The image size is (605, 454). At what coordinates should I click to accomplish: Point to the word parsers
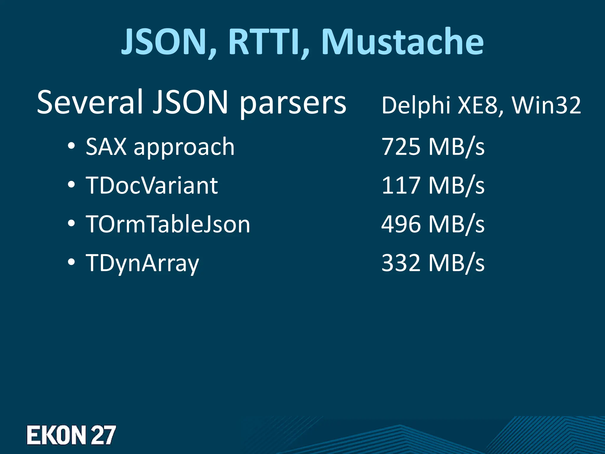[x=292, y=103]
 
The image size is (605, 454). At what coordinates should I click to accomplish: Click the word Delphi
[x=416, y=105]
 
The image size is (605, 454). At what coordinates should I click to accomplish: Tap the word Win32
[x=547, y=105]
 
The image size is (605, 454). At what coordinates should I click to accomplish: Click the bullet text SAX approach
[x=160, y=147]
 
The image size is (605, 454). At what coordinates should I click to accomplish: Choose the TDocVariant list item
[x=152, y=186]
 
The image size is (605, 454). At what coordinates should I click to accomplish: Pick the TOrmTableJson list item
[x=168, y=224]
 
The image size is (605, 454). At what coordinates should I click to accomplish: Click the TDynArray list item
[x=142, y=263]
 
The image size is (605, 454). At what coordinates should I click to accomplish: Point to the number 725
[x=401, y=147]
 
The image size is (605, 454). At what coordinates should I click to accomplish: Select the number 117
[x=401, y=185]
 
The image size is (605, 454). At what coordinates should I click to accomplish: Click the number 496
[x=401, y=224]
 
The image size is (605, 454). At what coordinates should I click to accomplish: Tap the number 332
[x=401, y=263]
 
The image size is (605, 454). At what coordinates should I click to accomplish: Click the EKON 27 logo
[x=71, y=435]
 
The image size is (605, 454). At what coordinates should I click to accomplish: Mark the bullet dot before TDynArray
[x=71, y=262]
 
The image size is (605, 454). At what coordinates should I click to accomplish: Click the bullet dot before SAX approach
[x=71, y=146]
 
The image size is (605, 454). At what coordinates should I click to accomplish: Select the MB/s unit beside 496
[x=456, y=224]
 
